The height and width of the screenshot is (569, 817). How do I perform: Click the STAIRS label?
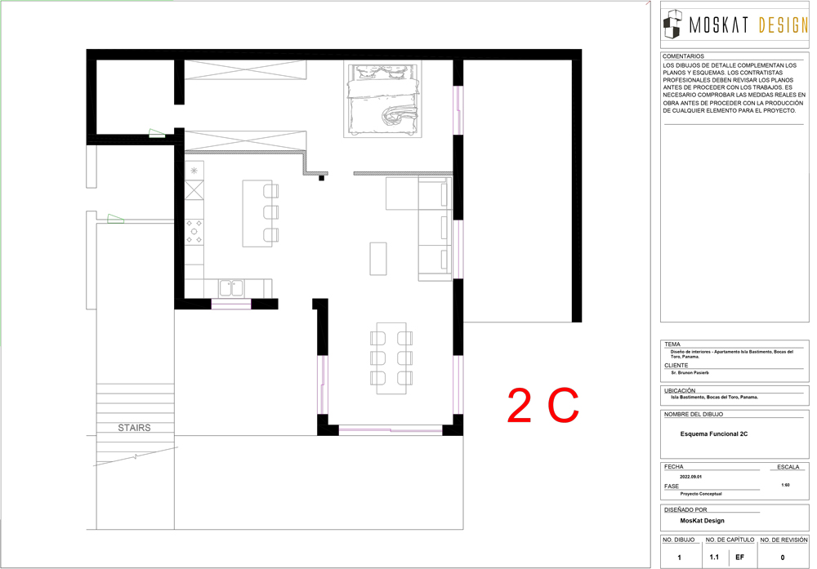(x=134, y=428)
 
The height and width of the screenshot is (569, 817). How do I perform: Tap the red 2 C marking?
(x=543, y=405)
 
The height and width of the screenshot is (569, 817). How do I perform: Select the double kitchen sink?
(x=231, y=288)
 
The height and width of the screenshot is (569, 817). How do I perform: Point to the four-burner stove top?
(x=194, y=232)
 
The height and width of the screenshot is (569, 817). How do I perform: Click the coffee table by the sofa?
(x=378, y=259)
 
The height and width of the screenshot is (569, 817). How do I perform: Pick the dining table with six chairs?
(x=391, y=358)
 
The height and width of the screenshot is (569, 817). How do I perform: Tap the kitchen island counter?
(x=257, y=213)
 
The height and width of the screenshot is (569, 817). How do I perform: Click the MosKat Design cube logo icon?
(x=672, y=24)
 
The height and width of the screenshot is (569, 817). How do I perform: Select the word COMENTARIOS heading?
(x=683, y=56)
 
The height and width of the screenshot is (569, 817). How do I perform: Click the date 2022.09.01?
(x=690, y=477)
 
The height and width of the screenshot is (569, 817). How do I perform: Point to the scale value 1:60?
(x=785, y=485)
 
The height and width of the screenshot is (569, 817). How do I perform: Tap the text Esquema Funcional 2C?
(x=714, y=434)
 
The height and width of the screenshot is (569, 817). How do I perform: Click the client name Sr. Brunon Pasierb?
(x=690, y=373)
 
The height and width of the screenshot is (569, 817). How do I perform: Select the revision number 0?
(x=782, y=558)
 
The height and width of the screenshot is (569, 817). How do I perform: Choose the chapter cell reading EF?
(x=739, y=557)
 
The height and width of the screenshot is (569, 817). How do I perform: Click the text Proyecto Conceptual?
(x=701, y=494)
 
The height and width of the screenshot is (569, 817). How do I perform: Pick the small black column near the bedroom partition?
(x=321, y=178)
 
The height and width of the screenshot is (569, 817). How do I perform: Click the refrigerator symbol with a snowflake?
(x=194, y=171)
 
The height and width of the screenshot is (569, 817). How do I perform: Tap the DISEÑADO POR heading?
(x=685, y=509)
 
